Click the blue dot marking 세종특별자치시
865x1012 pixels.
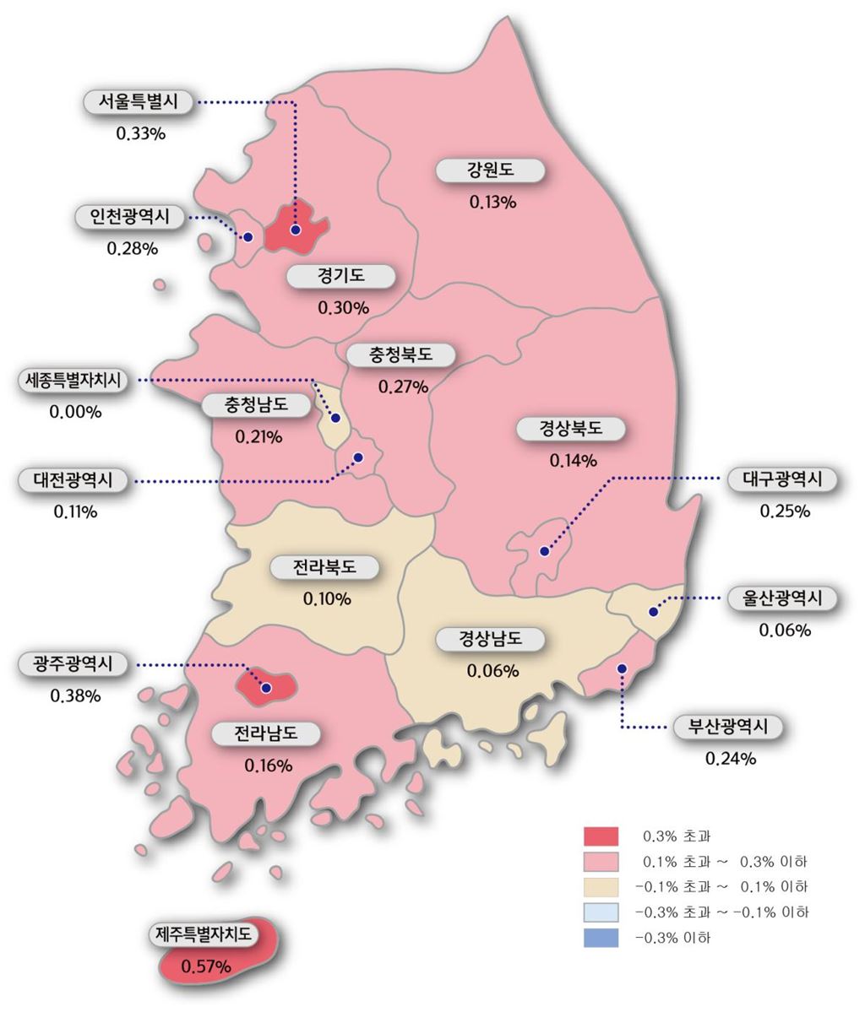coord(335,418)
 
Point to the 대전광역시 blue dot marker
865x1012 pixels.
coord(357,457)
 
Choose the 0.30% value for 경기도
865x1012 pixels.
coord(343,308)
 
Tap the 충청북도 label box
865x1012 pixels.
coord(400,355)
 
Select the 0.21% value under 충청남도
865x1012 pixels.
coord(258,437)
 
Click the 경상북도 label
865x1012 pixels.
coord(571,428)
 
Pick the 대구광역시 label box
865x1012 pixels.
coord(783,480)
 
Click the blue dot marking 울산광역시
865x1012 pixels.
coord(652,611)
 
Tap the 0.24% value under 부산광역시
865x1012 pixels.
coord(730,758)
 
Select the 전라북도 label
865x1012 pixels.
coord(324,567)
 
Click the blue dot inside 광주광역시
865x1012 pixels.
coord(266,688)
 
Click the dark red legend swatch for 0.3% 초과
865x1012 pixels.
coord(601,836)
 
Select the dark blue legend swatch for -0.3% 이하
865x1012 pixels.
coord(601,937)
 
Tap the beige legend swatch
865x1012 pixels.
coord(601,887)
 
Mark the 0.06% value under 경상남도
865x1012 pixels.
coord(492,671)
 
